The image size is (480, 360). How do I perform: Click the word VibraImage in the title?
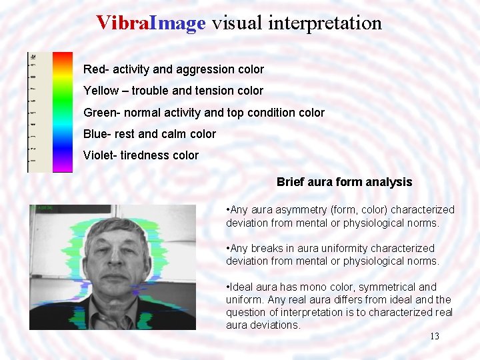click(151, 23)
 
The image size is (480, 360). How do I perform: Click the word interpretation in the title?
click(325, 23)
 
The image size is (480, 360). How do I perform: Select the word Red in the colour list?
click(93, 69)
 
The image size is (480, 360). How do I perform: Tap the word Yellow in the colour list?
click(101, 91)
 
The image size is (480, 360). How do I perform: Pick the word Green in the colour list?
click(99, 113)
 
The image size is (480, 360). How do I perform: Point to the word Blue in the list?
click(95, 134)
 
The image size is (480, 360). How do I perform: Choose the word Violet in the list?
click(98, 155)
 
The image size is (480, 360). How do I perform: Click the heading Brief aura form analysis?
click(344, 182)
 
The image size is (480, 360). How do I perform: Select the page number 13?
click(434, 336)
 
